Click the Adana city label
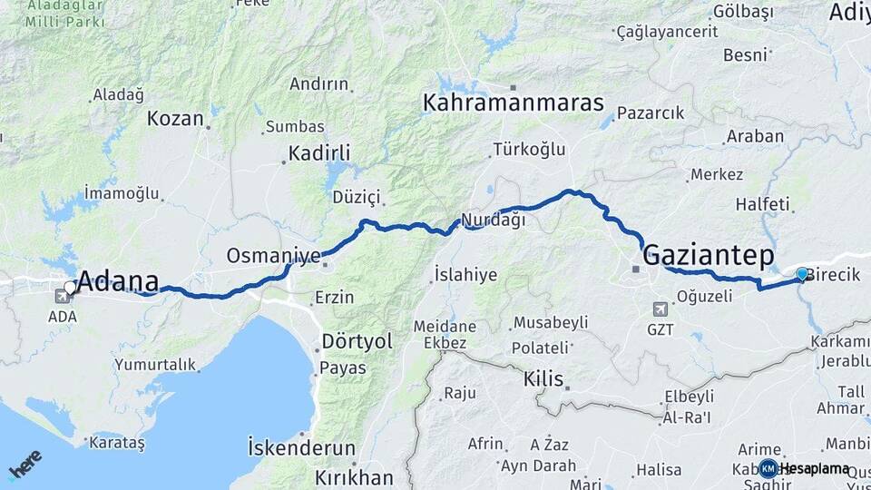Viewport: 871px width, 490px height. [119, 281]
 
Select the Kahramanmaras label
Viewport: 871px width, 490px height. [513, 103]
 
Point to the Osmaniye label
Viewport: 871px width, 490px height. [273, 255]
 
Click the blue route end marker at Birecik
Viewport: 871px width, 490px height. [801, 274]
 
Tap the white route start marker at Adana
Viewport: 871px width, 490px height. [70, 288]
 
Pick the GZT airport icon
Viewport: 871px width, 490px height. [660, 309]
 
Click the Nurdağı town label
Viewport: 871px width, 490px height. [493, 220]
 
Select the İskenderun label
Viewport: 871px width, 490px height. [301, 447]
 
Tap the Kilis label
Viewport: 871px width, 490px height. [543, 378]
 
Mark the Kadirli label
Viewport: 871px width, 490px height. [319, 152]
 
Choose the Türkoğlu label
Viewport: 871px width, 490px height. [529, 149]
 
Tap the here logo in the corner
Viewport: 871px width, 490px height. [24, 464]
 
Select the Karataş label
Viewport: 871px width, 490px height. [117, 443]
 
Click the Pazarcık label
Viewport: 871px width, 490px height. [651, 113]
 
